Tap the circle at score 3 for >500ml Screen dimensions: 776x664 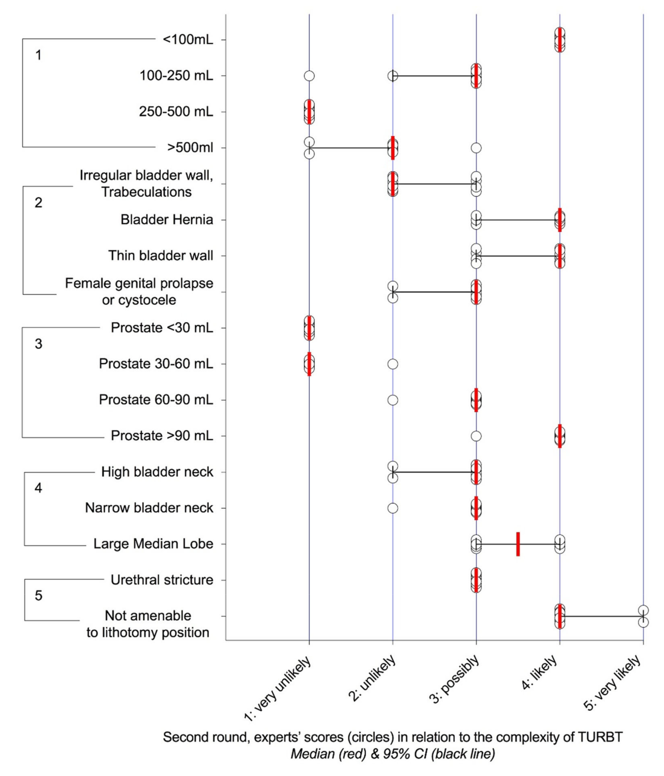(476, 148)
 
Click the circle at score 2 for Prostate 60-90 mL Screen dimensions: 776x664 (392, 400)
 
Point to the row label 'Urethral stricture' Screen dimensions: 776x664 (162, 580)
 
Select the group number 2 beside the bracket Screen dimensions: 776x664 (38, 203)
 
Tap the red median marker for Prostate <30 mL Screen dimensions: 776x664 (309, 328)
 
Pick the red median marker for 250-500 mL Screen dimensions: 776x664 (309, 112)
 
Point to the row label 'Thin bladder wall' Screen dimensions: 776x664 (161, 256)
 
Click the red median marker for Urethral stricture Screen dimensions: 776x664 (476, 580)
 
